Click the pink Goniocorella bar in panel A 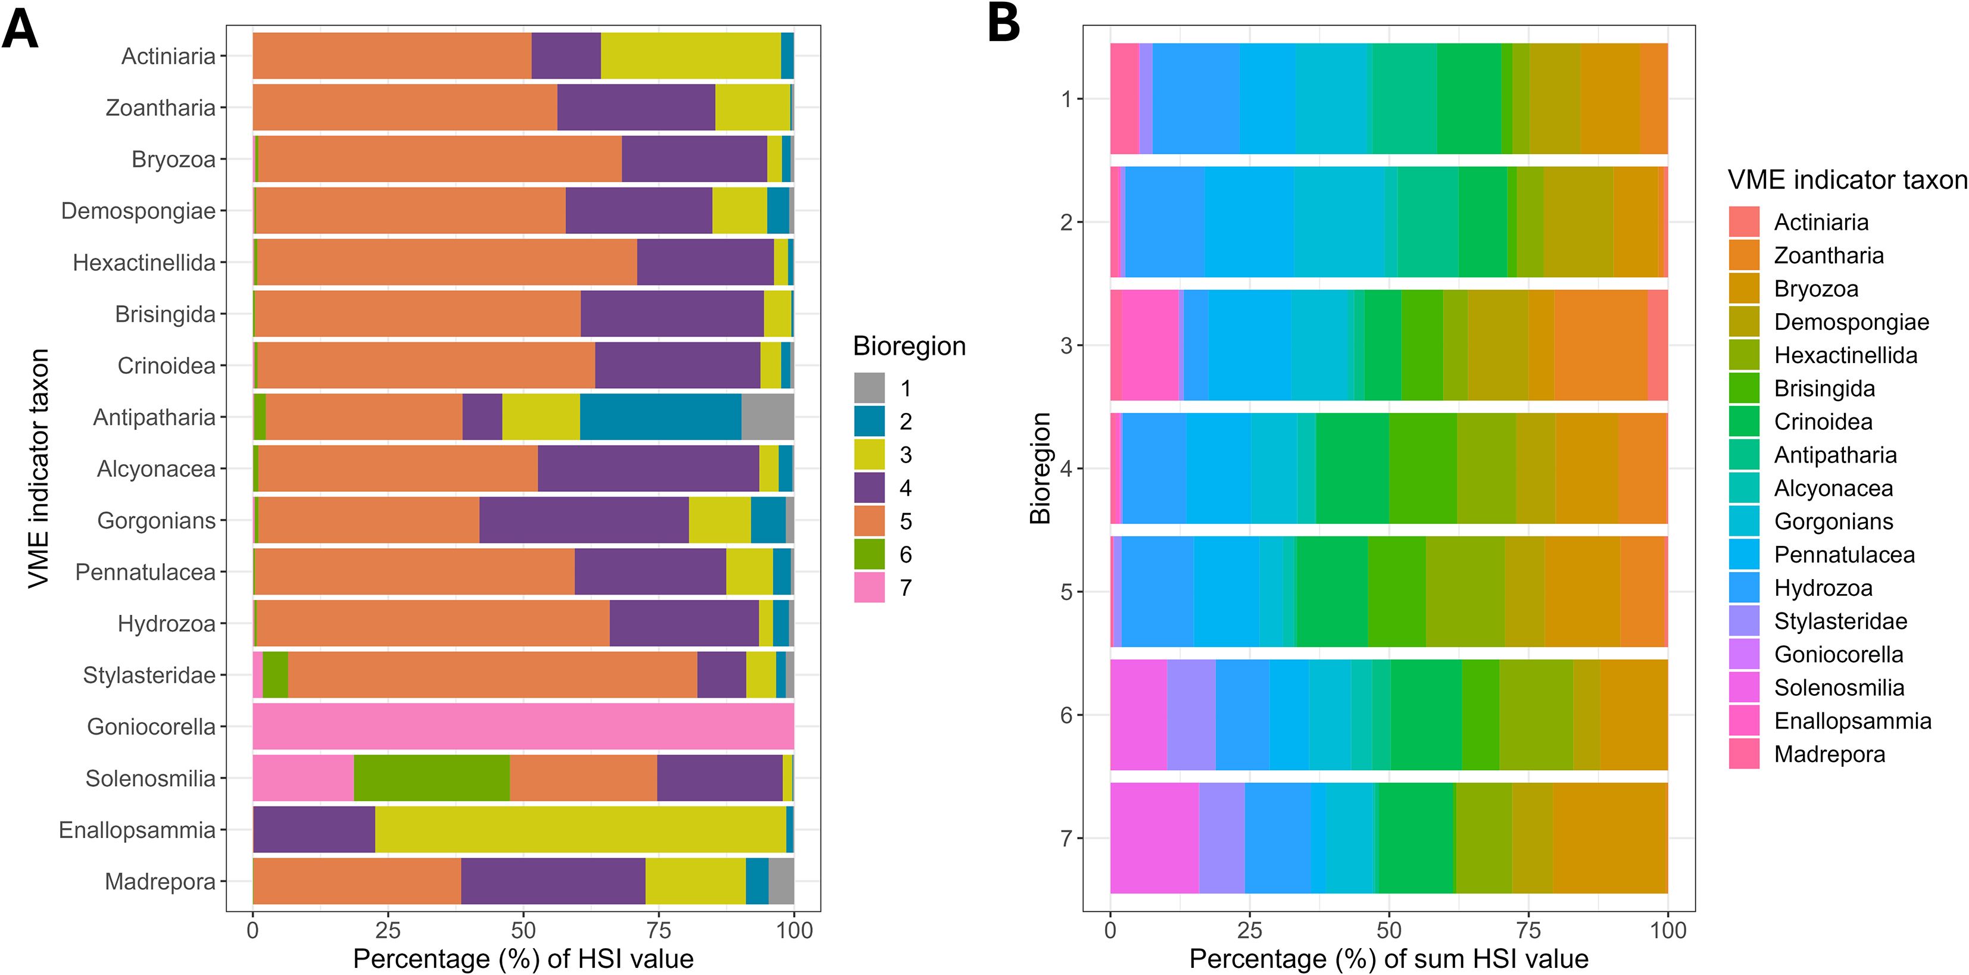pyautogui.click(x=523, y=726)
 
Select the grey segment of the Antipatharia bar pyautogui.click(x=767, y=417)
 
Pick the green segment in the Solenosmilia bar pyautogui.click(x=431, y=778)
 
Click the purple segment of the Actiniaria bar pyautogui.click(x=566, y=56)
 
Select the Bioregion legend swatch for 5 pyautogui.click(x=869, y=521)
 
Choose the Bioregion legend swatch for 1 pyautogui.click(x=869, y=388)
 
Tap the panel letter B pyautogui.click(x=1004, y=23)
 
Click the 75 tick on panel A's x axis pyautogui.click(x=659, y=930)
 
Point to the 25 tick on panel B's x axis pyautogui.click(x=1250, y=930)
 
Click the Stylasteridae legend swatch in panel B pyautogui.click(x=1743, y=621)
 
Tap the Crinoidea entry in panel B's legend pyautogui.click(x=1823, y=422)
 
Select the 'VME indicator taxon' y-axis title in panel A pyautogui.click(x=38, y=468)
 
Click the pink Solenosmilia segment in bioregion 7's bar pyautogui.click(x=1153, y=838)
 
